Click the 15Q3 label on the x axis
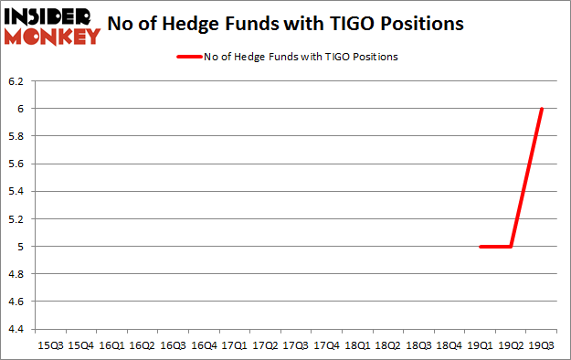coord(49,345)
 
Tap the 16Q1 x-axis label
coord(111,345)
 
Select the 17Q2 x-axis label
coord(265,345)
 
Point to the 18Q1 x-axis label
coord(357,345)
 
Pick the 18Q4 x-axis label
coord(449,345)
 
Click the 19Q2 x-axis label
coord(511,345)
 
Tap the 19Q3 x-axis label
coord(542,345)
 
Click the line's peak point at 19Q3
coord(542,109)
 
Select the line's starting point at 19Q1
coord(481,246)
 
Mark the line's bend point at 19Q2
coord(511,246)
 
